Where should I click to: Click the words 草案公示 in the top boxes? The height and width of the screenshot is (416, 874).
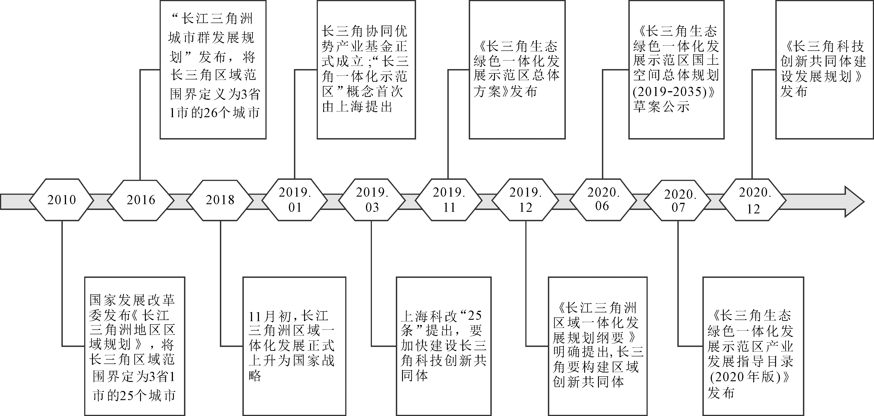point(661,107)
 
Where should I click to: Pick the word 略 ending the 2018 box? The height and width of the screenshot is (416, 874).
point(255,375)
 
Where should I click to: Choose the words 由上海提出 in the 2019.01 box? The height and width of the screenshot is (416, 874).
point(357,107)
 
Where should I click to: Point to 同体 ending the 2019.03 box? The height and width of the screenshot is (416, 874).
point(415,375)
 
